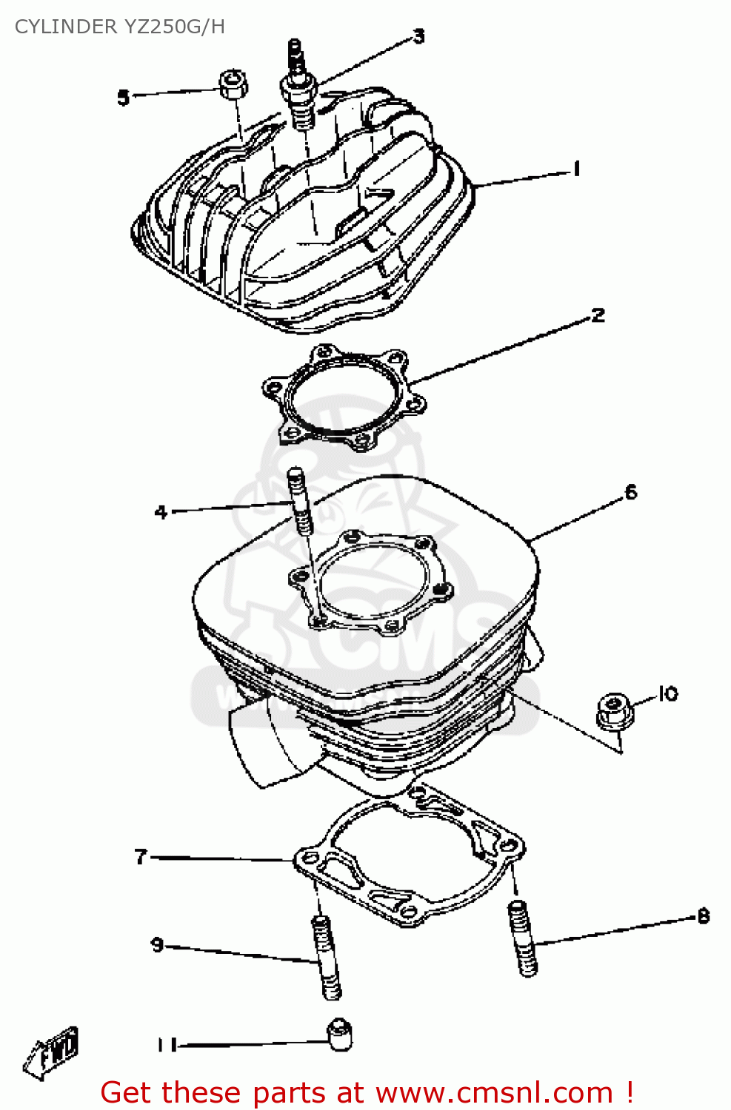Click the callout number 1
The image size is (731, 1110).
tap(576, 169)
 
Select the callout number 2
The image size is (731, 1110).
tap(598, 316)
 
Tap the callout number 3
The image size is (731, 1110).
tap(418, 36)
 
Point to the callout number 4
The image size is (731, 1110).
tap(161, 511)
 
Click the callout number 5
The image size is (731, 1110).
tap(123, 97)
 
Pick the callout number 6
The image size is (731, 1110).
tap(630, 492)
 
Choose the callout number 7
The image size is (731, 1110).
tap(141, 856)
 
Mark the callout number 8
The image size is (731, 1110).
tap(703, 916)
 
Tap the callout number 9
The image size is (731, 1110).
tap(157, 945)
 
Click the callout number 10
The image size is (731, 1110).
tap(667, 693)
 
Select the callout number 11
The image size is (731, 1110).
tap(167, 1045)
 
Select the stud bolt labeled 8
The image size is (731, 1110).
tap(523, 938)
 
